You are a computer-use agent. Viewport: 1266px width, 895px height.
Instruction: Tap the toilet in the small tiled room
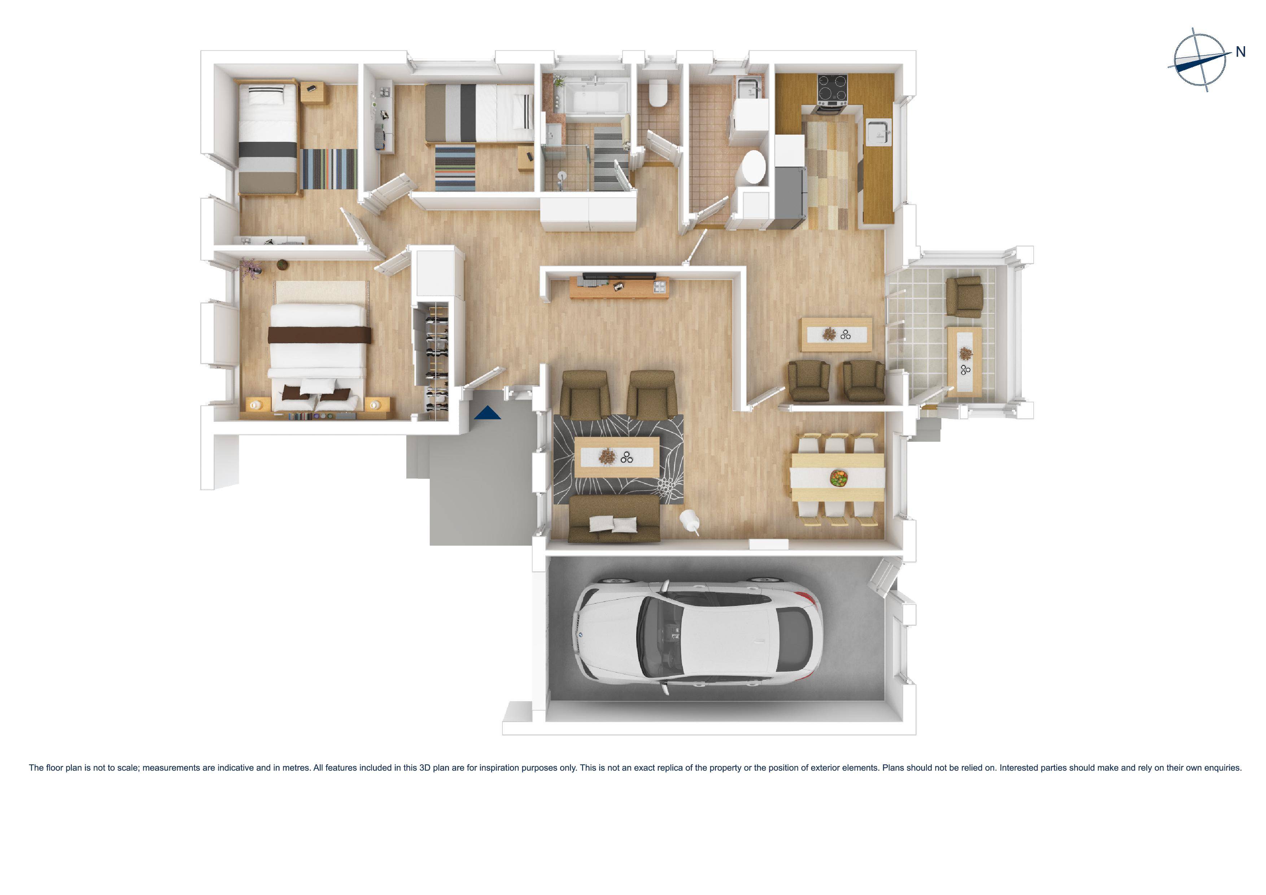658,92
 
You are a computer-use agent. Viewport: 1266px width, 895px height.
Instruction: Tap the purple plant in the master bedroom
250,268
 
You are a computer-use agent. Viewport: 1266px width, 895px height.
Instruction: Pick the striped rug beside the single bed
329,169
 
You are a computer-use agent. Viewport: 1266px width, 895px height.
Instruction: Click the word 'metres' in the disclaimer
296,768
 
